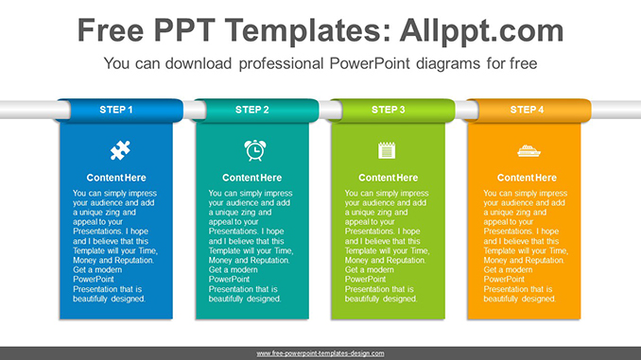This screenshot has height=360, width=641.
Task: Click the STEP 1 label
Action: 116,110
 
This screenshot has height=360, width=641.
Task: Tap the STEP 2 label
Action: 252,110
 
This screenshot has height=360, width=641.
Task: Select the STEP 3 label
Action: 389,110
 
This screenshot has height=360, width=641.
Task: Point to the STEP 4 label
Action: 527,110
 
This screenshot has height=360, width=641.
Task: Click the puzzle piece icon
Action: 120,149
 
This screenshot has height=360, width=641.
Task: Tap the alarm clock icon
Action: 254,149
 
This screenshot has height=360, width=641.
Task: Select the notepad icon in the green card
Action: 387,149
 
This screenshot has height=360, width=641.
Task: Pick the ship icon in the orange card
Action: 527,149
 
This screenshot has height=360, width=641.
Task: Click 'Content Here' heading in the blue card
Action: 116,178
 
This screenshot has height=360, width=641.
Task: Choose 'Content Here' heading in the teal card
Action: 252,178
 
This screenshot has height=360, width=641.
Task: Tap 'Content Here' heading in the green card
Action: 389,178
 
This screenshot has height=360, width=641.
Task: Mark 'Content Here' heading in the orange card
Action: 527,178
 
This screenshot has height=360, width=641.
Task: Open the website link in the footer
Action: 320,352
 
